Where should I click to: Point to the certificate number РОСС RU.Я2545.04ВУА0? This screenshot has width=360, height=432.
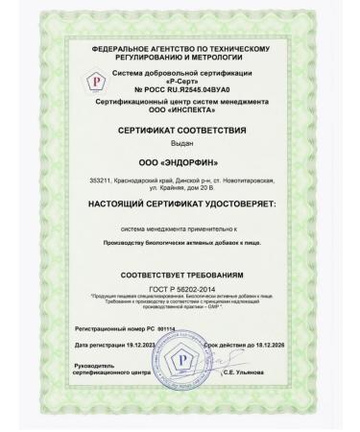point(187,89)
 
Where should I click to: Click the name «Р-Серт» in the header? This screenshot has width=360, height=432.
point(189,80)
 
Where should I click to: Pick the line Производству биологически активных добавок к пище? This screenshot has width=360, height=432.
point(180,245)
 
